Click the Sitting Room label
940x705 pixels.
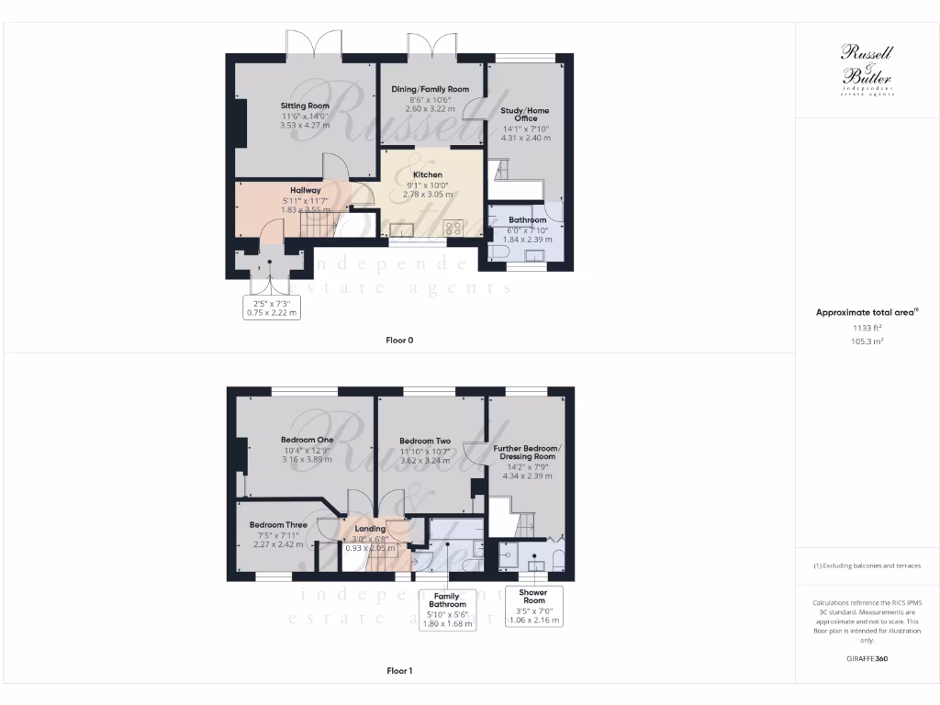tap(305, 106)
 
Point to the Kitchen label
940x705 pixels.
tap(427, 174)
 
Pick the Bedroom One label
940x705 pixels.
tap(306, 440)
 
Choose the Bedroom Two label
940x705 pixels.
tap(425, 441)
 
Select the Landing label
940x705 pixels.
tap(370, 529)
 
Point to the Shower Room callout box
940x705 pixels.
tap(534, 606)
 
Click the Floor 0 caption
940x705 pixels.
tap(399, 340)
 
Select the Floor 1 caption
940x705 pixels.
tap(399, 671)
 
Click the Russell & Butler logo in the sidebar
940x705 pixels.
tap(867, 70)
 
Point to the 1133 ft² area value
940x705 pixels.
tap(867, 328)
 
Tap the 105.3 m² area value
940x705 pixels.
tap(867, 341)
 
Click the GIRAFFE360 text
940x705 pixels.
tap(867, 658)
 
